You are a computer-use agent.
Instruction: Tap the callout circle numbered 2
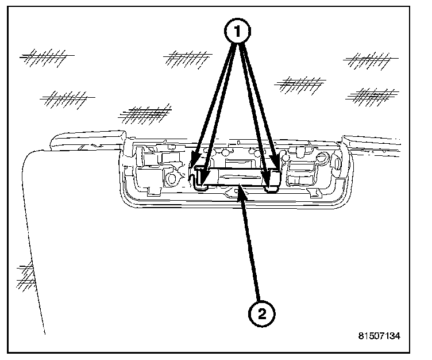[x=262, y=314]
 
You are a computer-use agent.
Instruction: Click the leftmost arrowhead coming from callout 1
[x=194, y=162]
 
